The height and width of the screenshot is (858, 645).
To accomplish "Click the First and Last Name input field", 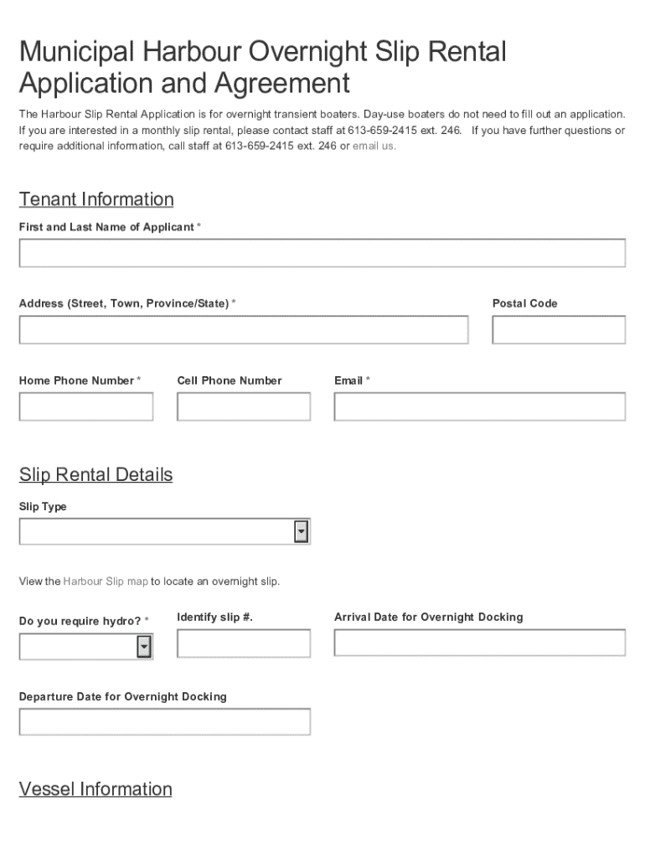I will (322, 253).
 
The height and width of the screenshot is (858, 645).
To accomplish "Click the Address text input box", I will (243, 330).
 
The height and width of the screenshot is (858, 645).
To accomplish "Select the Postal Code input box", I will (558, 330).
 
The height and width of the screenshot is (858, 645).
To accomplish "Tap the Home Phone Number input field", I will (85, 406).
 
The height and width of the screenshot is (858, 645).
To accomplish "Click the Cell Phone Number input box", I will (243, 406).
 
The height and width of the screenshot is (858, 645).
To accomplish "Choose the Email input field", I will (479, 406).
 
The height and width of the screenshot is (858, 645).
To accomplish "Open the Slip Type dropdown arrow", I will (302, 532).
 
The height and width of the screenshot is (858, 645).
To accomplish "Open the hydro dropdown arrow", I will (144, 647).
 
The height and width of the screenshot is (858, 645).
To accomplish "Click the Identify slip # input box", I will (243, 643).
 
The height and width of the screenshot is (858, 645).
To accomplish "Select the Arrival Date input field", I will (479, 643).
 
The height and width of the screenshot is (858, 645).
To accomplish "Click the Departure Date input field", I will (164, 721).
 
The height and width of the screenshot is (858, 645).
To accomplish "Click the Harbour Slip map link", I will (106, 581).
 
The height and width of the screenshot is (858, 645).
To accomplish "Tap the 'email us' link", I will (374, 146).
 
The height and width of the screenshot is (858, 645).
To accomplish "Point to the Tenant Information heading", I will (96, 199).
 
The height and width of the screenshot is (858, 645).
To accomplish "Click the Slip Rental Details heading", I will (95, 475).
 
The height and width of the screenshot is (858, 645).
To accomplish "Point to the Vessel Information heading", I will (95, 789).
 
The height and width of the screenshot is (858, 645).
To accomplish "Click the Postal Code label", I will (524, 303).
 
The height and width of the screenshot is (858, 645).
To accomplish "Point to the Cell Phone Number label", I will (230, 380).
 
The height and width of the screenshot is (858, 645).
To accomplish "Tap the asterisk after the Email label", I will (368, 380).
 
